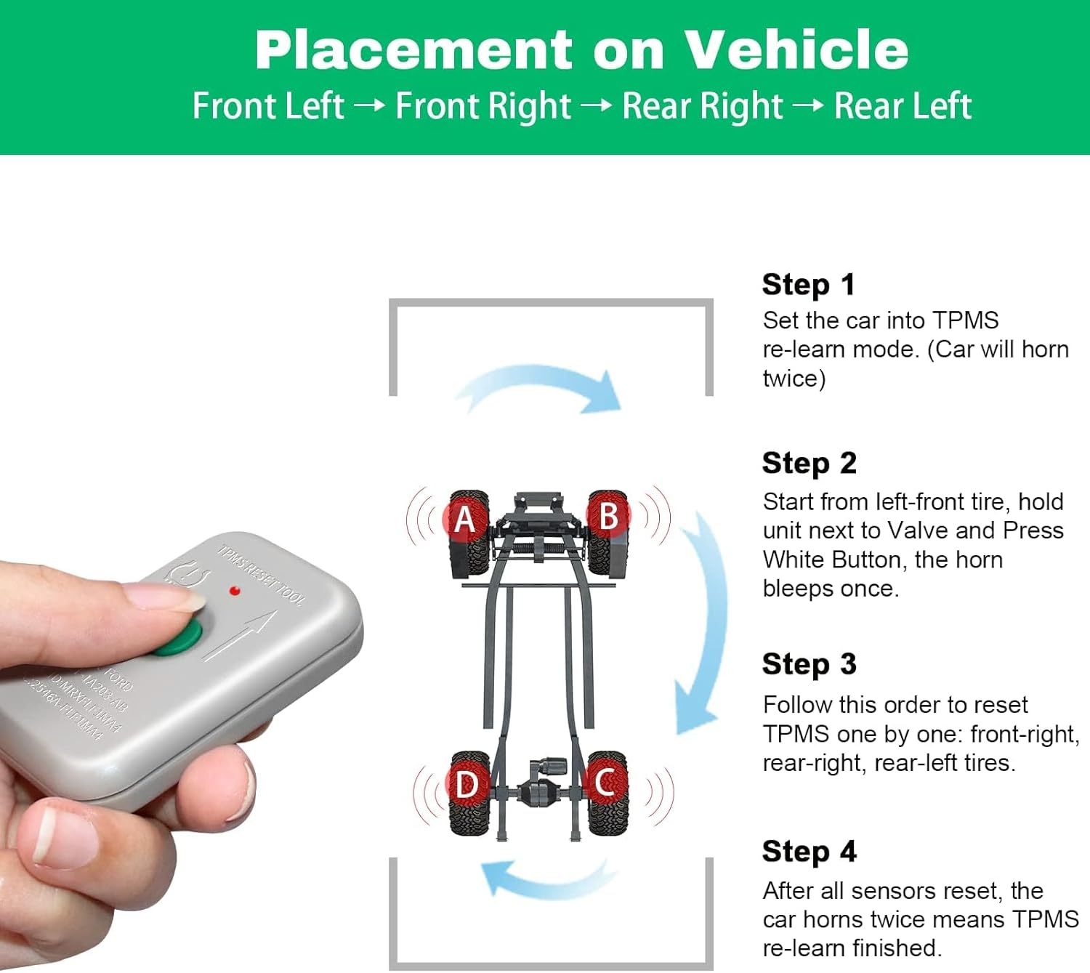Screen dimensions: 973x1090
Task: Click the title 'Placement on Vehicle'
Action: [x=581, y=50]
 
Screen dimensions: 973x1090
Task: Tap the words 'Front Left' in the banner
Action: [x=268, y=106]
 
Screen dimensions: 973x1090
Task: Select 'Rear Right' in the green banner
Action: [x=703, y=106]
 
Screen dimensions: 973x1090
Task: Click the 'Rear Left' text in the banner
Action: [x=903, y=106]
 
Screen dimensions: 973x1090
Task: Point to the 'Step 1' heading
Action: [x=808, y=284]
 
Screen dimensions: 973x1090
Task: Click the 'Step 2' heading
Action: [x=809, y=463]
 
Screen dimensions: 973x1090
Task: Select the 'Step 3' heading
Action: [x=809, y=664]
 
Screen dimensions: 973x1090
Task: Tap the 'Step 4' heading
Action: [x=809, y=851]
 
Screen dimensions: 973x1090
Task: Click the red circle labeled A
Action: [x=464, y=519]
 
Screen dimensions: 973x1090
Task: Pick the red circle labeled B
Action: [x=609, y=516]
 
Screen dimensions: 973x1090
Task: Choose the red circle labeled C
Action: [x=605, y=783]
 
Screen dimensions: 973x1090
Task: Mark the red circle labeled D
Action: [x=467, y=785]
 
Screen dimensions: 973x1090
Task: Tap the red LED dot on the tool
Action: [x=235, y=591]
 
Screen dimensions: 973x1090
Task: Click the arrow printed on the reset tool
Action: [x=240, y=636]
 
